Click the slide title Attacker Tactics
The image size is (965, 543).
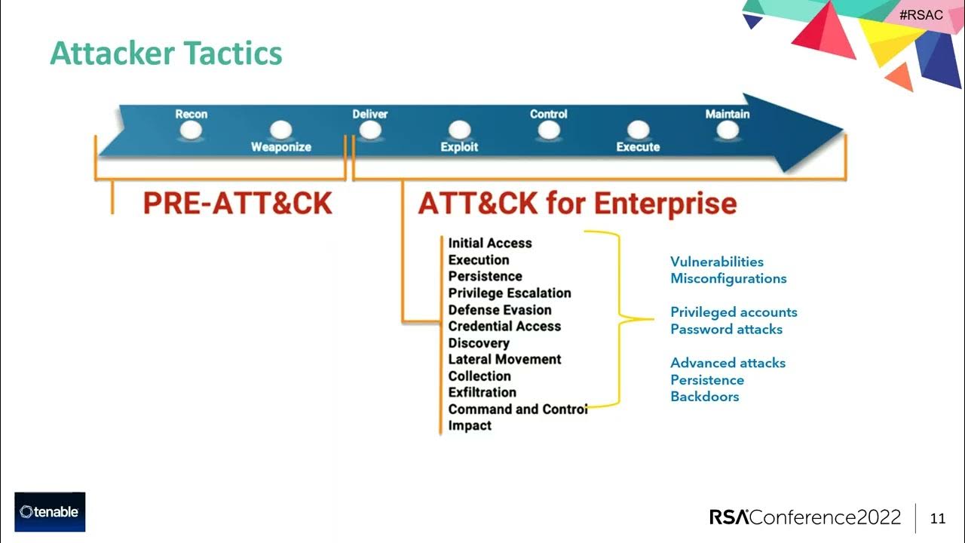(166, 54)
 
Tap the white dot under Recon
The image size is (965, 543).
(191, 130)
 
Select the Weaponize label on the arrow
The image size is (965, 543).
(281, 147)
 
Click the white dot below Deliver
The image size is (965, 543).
(369, 130)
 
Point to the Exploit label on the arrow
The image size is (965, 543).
(459, 147)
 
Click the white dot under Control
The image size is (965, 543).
(549, 130)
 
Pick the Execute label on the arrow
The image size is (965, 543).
(638, 147)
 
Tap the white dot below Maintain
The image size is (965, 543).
(728, 130)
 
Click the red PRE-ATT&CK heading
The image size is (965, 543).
(237, 204)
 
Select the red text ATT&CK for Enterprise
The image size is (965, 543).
(577, 204)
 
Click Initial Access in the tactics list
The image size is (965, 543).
(490, 243)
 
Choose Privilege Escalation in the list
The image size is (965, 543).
(510, 293)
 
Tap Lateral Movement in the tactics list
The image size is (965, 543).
(504, 359)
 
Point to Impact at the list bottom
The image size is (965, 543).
(470, 425)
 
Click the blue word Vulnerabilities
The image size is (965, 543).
(717, 262)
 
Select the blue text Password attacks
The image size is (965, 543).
(726, 329)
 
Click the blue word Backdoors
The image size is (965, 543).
(704, 397)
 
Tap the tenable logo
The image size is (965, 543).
(50, 512)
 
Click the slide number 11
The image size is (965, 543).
(938, 518)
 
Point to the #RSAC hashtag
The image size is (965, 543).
(921, 15)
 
